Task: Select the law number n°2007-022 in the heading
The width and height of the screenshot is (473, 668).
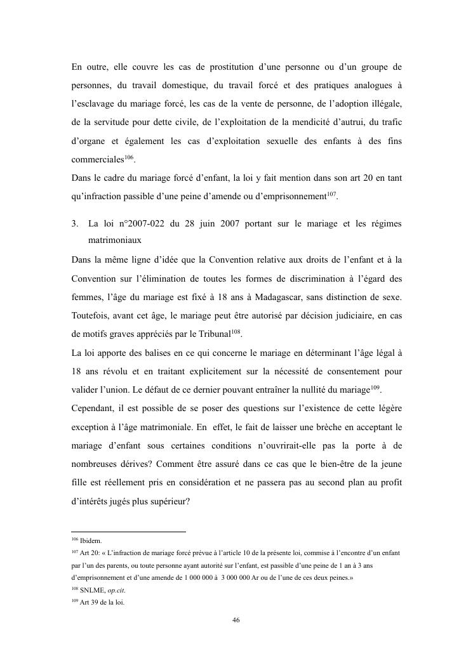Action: pyautogui.click(x=131, y=224)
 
